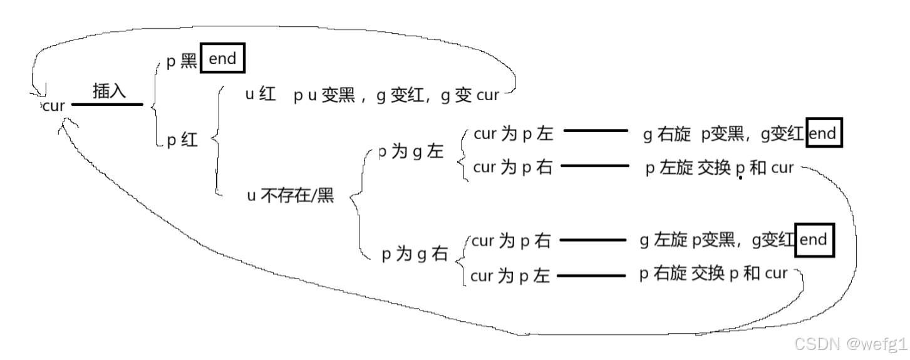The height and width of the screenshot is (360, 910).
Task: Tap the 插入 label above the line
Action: pyautogui.click(x=110, y=91)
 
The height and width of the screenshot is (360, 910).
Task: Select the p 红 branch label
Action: pyautogui.click(x=182, y=141)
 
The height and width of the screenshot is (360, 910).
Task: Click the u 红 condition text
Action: pyautogui.click(x=261, y=95)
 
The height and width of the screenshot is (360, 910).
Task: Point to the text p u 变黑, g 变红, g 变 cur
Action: pyautogui.click(x=396, y=96)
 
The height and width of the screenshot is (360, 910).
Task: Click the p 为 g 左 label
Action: pyautogui.click(x=411, y=153)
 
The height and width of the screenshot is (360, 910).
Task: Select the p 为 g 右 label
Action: pyautogui.click(x=415, y=254)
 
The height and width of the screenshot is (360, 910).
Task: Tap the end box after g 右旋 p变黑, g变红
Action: pyautogui.click(x=824, y=133)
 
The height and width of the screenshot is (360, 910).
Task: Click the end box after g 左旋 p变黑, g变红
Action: pyautogui.click(x=814, y=239)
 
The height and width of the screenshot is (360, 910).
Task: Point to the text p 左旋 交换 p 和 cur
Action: pyautogui.click(x=719, y=168)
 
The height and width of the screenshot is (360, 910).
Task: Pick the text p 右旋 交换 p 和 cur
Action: pyautogui.click(x=713, y=274)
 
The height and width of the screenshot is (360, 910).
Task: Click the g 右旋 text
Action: pyautogui.click(x=666, y=134)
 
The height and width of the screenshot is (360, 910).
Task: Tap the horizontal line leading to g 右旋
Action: pyautogui.click(x=596, y=131)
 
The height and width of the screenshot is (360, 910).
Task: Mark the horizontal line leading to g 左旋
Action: pyautogui.click(x=592, y=240)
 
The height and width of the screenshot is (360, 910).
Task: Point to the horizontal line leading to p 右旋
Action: pyautogui.click(x=591, y=275)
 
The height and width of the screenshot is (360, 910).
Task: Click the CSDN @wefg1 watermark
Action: pyautogui.click(x=850, y=343)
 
